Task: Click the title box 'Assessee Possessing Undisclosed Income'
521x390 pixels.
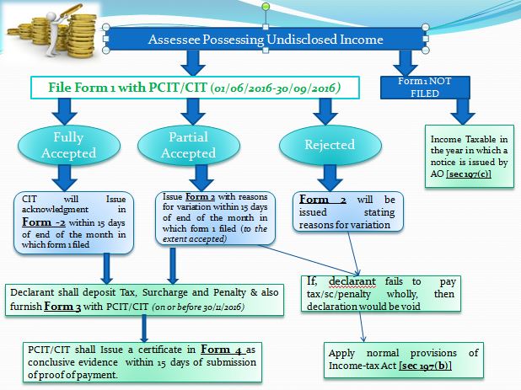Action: tap(266, 39)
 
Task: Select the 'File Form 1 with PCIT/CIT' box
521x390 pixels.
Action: tap(186, 88)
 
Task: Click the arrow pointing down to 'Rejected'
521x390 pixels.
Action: tap(320, 112)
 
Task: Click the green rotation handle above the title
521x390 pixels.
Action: tap(266, 7)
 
